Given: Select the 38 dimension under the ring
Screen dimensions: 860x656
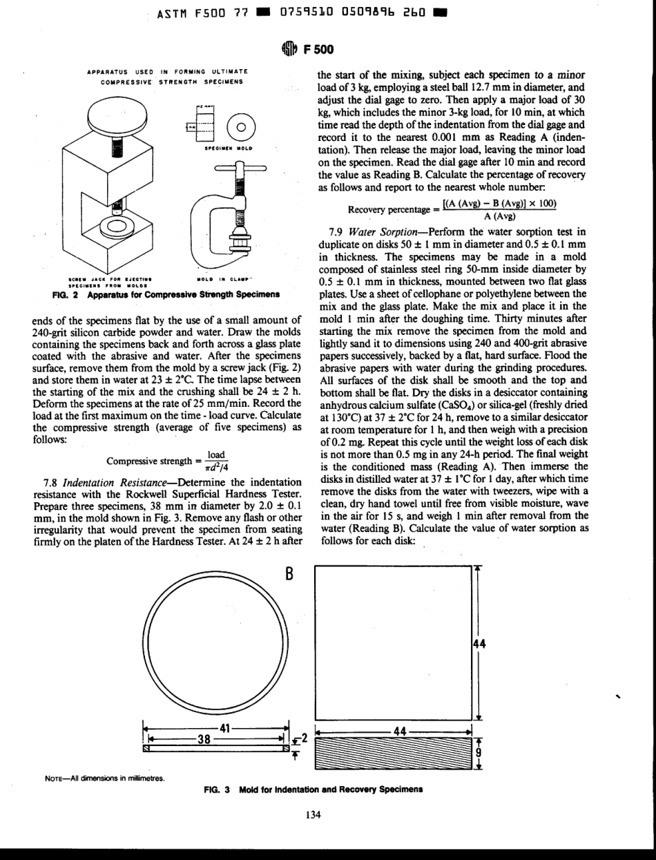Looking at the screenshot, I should [x=204, y=736].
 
